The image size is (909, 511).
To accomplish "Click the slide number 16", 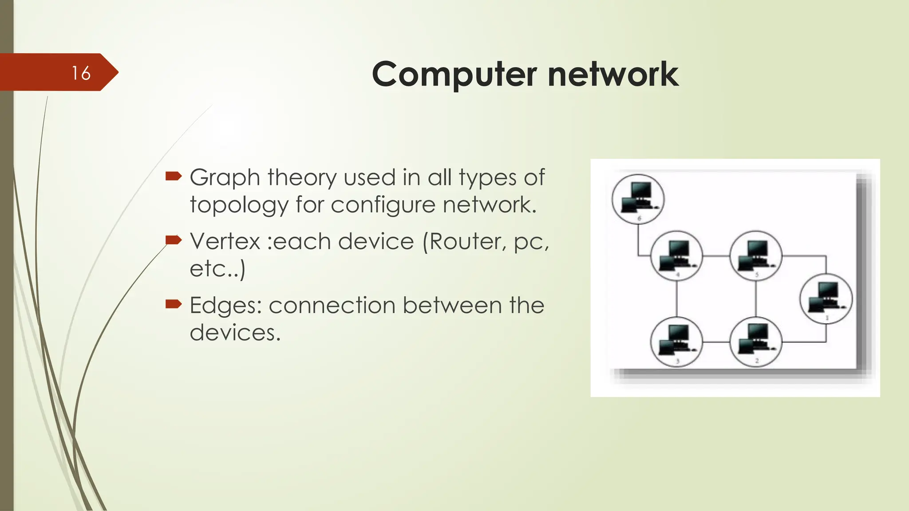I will tap(81, 73).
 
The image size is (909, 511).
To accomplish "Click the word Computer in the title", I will tap(454, 75).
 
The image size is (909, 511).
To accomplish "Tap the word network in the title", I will tap(613, 75).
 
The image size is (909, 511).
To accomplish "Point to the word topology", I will tap(239, 205).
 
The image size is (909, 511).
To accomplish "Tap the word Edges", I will tap(225, 306).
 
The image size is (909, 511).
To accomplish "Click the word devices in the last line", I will tap(235, 333).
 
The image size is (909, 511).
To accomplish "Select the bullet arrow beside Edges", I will tap(174, 304).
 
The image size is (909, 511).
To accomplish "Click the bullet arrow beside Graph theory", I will tap(174, 177).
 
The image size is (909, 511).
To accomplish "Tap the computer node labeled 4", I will tap(676, 256).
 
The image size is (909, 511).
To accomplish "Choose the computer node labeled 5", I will tap(755, 256).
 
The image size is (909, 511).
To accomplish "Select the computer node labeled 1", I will tap(826, 299).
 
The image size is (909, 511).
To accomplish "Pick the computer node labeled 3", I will tap(676, 342).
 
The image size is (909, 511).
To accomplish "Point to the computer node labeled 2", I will tap(755, 342).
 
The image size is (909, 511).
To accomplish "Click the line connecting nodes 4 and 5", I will tap(716, 256).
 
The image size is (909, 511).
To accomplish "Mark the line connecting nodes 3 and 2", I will tap(716, 342).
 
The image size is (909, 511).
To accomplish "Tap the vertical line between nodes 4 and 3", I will tap(676, 299).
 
